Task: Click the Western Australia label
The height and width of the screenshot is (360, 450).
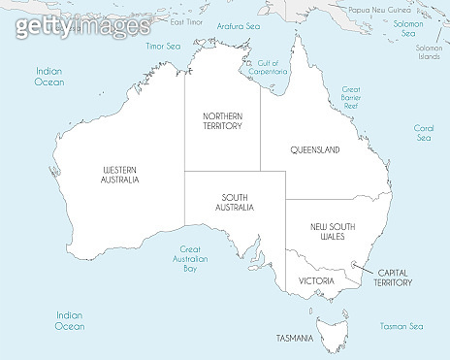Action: [120, 175]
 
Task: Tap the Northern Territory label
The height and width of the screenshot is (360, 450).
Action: [222, 120]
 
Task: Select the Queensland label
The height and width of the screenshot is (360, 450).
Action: [315, 150]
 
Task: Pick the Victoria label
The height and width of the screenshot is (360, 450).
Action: [317, 280]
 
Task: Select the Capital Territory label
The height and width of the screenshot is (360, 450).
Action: [394, 278]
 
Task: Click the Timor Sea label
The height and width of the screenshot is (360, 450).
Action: [162, 46]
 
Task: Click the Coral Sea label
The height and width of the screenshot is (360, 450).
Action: [424, 133]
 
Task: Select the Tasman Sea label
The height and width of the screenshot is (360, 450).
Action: [402, 326]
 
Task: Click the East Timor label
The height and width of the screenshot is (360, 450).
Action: [185, 21]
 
